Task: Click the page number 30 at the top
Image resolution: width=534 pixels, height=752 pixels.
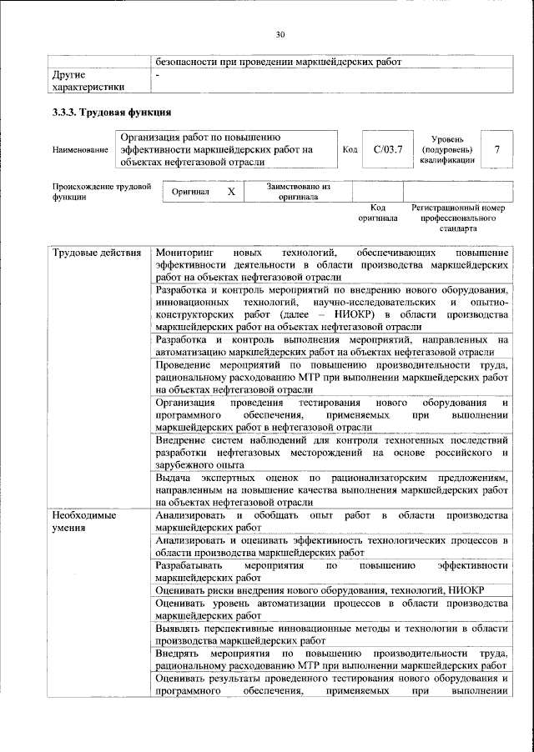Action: tap(280, 34)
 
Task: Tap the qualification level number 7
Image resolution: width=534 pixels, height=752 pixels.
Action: tap(497, 149)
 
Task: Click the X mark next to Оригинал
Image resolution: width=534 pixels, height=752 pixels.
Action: tap(231, 192)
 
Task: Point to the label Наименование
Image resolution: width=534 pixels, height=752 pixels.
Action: tap(80, 150)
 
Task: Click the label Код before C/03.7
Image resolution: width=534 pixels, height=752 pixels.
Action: tap(350, 149)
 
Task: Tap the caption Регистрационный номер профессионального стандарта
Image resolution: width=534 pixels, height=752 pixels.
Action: tap(458, 217)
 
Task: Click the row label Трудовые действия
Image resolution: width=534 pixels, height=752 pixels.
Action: tap(96, 253)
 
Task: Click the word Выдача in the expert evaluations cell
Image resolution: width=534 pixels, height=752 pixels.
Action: tap(174, 479)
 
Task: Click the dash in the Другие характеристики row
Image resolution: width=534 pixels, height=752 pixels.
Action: tap(159, 75)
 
